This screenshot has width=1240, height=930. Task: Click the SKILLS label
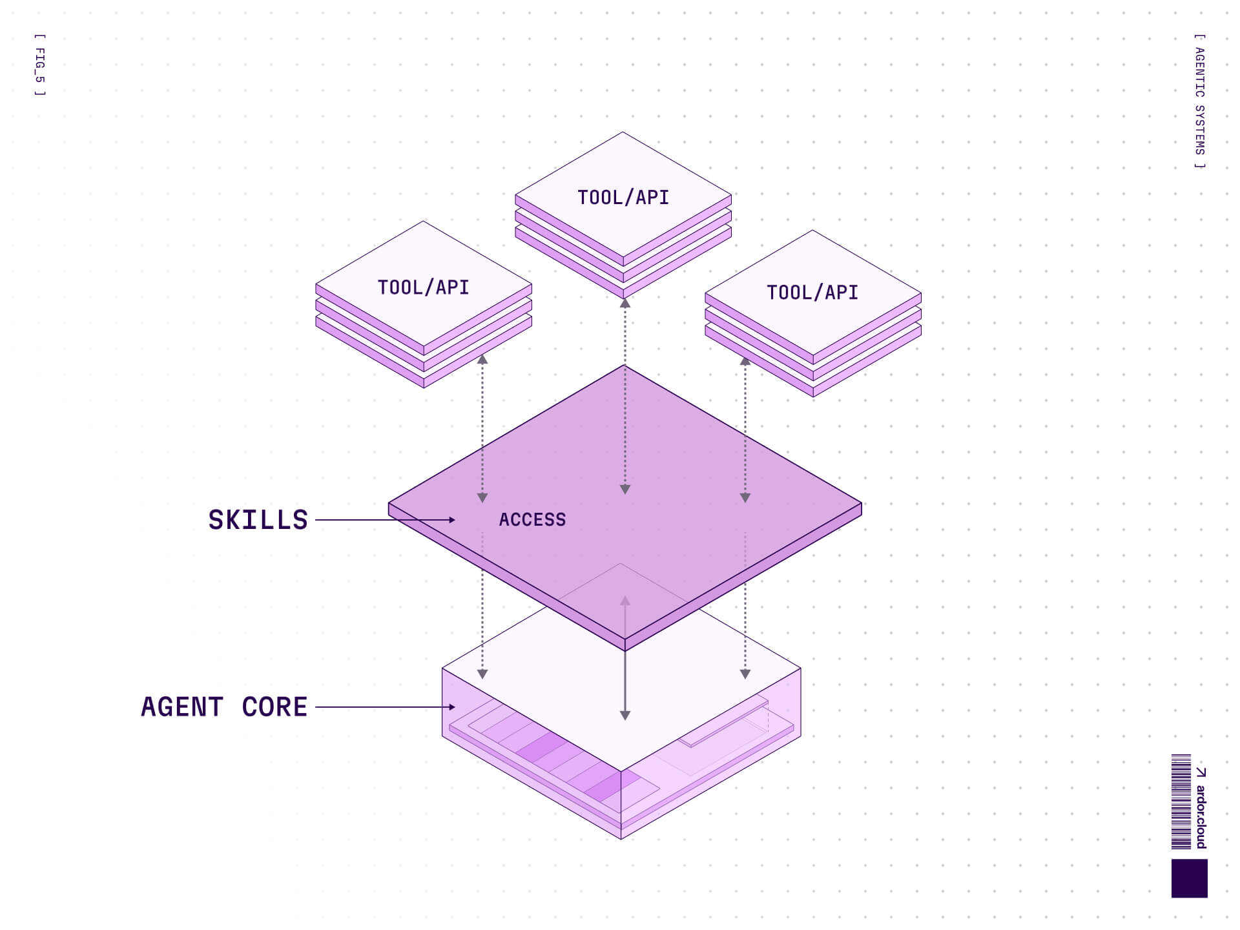pos(258,520)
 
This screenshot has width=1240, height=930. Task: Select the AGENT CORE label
pos(224,707)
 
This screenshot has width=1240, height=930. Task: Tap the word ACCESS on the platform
pos(532,520)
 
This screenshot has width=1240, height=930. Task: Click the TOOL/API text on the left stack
pos(423,287)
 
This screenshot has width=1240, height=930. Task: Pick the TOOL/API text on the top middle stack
pos(623,198)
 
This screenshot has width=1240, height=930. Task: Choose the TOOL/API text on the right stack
pos(812,293)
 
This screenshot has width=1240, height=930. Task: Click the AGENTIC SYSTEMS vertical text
pos(1199,101)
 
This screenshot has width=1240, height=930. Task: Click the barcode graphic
pos(1181,801)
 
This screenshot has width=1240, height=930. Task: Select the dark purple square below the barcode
pos(1189,878)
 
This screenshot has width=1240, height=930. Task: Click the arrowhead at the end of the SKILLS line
pos(451,520)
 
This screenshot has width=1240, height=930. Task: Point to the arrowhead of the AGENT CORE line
pos(451,707)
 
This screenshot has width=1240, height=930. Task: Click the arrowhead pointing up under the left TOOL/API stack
pos(482,359)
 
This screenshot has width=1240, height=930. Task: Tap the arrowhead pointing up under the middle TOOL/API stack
pos(625,302)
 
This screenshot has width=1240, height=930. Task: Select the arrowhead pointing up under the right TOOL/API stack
pos(745,361)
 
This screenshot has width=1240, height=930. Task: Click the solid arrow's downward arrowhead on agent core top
pos(625,715)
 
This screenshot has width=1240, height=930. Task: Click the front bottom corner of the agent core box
pos(621,838)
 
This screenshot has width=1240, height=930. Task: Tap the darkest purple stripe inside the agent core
pos(541,747)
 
